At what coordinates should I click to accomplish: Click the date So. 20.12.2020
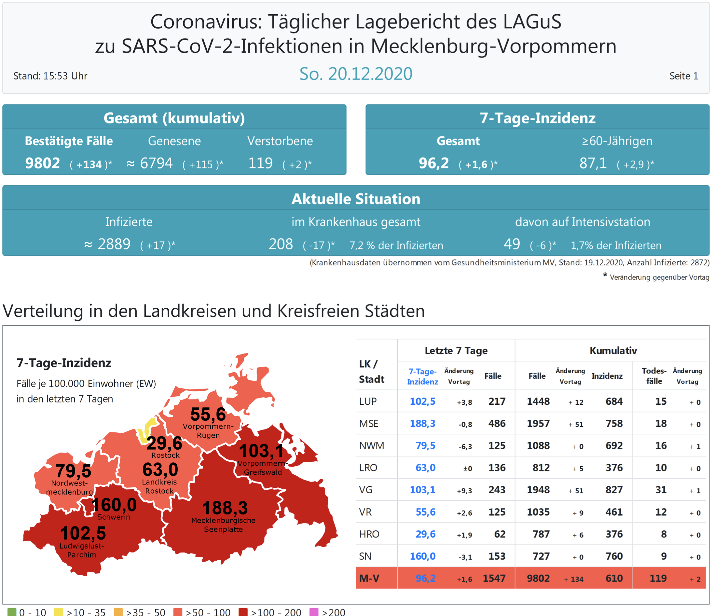pos(356,74)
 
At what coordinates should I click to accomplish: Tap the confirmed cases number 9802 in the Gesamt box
pos(42,163)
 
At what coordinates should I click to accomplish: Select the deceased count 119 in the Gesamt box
pos(261,163)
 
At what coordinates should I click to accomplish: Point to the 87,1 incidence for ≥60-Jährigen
pos(593,163)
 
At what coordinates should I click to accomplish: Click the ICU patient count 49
pos(512,244)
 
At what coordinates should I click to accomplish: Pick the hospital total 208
pos(281,244)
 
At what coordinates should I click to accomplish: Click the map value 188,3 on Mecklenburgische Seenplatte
pos(225,508)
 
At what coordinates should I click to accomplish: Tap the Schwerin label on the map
pos(113,517)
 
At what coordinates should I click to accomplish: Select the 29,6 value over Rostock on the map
pos(164,443)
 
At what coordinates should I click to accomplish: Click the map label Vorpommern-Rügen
pos(208,431)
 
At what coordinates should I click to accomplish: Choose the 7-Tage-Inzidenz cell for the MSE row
pos(422,423)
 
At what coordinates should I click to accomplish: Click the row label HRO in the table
pos(369,534)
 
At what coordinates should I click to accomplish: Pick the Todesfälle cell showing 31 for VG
pos(661,490)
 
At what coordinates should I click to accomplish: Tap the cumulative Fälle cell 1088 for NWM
pos(538,446)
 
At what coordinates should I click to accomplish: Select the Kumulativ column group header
pos(613,351)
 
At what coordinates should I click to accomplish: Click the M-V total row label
pos(369,578)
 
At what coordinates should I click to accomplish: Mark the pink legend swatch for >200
pos(314,612)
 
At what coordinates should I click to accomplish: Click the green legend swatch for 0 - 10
pos(12,612)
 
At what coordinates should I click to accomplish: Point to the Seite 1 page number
pos(683,76)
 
